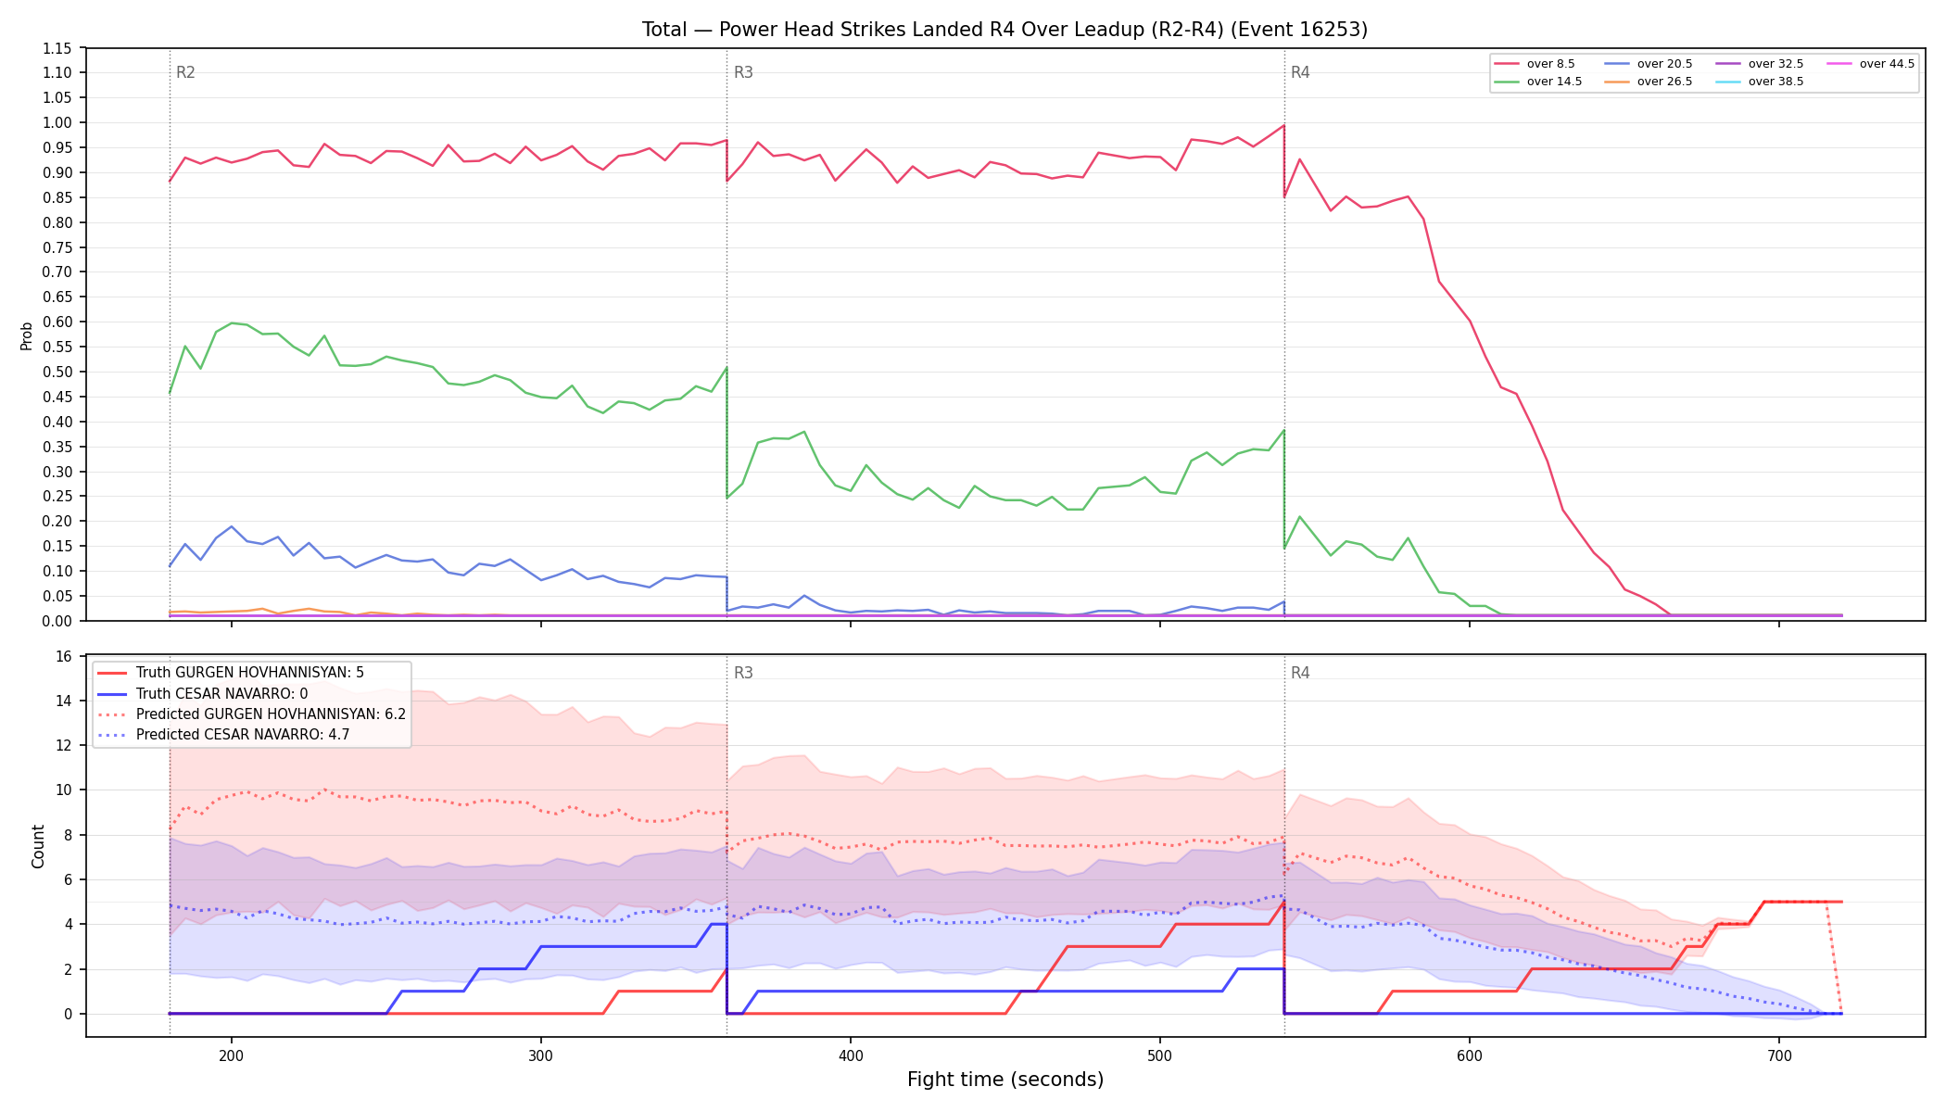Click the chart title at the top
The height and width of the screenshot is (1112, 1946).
pos(1005,30)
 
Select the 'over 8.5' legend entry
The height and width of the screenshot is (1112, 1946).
pos(1535,64)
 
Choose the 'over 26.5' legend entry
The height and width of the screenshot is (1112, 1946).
pos(1649,82)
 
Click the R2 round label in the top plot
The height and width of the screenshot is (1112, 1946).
pos(185,72)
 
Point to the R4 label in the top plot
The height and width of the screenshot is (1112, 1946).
pos(1300,72)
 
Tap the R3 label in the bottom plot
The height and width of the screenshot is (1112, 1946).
pos(743,673)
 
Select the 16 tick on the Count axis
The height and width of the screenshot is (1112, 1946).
pos(64,656)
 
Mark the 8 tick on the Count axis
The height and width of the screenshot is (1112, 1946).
pos(68,835)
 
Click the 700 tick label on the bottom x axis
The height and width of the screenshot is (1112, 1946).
pos(1779,1055)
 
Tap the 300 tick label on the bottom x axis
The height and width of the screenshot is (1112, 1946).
pos(541,1055)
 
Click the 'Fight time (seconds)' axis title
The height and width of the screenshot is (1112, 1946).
pos(1005,1080)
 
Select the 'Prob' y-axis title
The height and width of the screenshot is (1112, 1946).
pos(27,335)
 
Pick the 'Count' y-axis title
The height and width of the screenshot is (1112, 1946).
pos(38,846)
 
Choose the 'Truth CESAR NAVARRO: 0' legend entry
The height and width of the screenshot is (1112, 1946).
pos(221,693)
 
